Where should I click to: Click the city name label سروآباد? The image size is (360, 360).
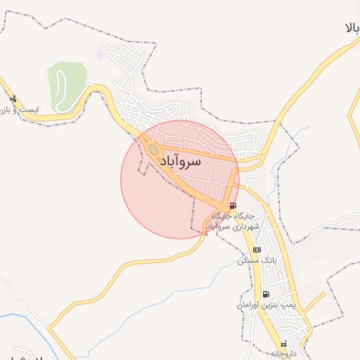tap(181, 161)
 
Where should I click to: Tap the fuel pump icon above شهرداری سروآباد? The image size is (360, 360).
tap(233, 206)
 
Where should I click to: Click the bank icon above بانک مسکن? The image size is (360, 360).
tap(257, 250)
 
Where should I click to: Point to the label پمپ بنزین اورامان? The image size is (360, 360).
tap(259, 306)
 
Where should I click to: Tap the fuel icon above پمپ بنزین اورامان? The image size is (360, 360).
tap(265, 294)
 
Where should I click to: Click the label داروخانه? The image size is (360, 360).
tap(283, 354)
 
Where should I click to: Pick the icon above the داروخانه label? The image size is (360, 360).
tap(283, 344)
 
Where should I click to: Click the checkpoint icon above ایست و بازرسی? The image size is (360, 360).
tap(13, 99)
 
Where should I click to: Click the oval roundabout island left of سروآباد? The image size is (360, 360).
tap(153, 148)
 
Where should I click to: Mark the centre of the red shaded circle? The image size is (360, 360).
tap(180, 179)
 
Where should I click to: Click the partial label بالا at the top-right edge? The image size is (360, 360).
tap(352, 29)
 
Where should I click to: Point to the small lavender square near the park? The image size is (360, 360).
tap(97, 55)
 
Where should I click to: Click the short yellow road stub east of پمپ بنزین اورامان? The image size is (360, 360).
tap(314, 303)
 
